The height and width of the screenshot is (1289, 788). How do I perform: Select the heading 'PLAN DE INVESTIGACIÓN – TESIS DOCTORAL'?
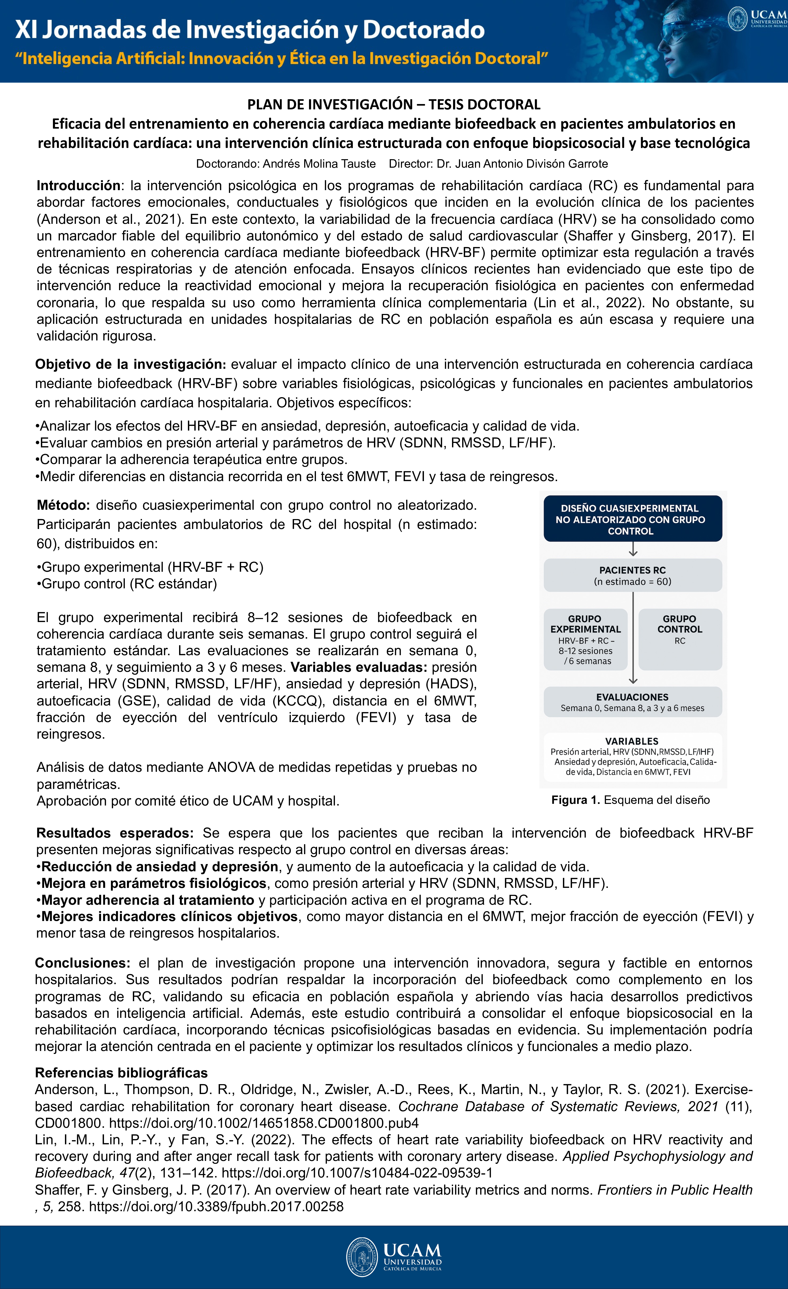tap(394, 105)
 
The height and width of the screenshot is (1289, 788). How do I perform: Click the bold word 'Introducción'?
tap(78, 186)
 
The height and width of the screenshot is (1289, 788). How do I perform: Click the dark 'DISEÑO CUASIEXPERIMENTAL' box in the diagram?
tap(633, 519)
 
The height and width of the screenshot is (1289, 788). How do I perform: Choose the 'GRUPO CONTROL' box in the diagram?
tap(680, 639)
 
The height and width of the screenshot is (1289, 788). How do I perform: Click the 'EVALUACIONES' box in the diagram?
tap(633, 702)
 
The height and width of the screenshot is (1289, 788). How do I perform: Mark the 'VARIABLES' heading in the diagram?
tap(632, 741)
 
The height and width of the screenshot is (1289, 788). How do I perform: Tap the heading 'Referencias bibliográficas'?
tap(121, 1073)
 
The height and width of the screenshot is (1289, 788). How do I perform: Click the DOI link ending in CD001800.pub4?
tap(264, 1123)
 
